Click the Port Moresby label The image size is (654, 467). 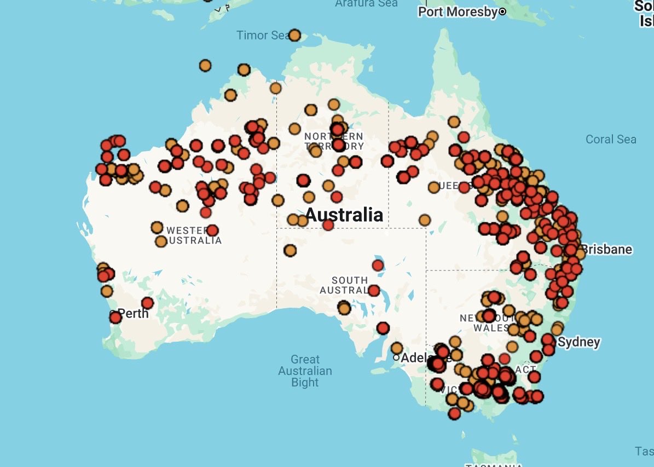pos(458,11)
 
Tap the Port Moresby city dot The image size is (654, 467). pos(502,11)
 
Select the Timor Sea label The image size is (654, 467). pos(262,36)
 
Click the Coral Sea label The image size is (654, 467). pos(611,139)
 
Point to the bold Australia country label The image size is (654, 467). pos(344,214)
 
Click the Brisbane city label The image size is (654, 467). pos(606,250)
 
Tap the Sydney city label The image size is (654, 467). pos(579,343)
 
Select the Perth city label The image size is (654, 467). pos(133,313)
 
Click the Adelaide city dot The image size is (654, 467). pos(396,358)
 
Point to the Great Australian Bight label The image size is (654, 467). pos(305,371)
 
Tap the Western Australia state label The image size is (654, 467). pos(194,235)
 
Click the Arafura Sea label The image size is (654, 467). pos(366,3)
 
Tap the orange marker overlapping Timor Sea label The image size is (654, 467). pos(294,36)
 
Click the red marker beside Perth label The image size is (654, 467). pos(115,318)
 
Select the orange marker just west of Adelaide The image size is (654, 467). pos(396,348)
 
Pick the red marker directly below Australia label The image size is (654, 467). pos(328,224)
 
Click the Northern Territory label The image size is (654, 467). pos(334,141)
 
